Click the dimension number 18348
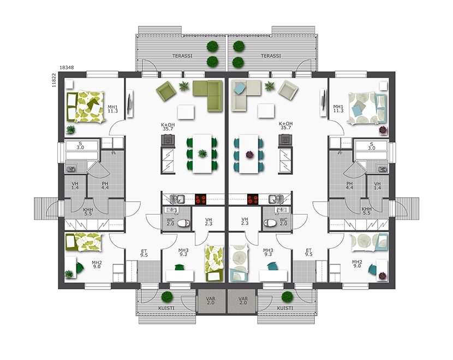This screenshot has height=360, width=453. point(67,67)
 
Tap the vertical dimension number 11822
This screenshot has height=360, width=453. point(53,80)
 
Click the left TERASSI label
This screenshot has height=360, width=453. point(182,56)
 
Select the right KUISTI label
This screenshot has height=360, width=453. point(285,308)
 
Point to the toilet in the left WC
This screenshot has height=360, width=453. point(184,223)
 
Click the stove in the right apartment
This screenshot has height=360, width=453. point(253,199)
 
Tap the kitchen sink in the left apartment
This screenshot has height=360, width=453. point(177,199)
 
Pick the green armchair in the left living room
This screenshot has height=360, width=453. point(166,91)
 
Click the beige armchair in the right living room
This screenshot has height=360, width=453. point(288,91)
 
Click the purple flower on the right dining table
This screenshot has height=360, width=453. point(249,155)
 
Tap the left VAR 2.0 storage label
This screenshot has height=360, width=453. point(211,300)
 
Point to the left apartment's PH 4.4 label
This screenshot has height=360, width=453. point(105,185)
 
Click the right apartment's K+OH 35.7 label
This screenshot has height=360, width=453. point(285,126)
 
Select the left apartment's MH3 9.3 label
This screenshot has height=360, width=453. point(183,252)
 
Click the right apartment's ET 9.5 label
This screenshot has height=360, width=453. point(309,252)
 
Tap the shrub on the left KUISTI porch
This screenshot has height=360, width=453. point(166,297)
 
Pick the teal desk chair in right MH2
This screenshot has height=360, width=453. point(372,269)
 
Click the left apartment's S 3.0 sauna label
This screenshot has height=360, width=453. point(80,145)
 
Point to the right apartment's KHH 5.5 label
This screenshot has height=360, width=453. point(367,211)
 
